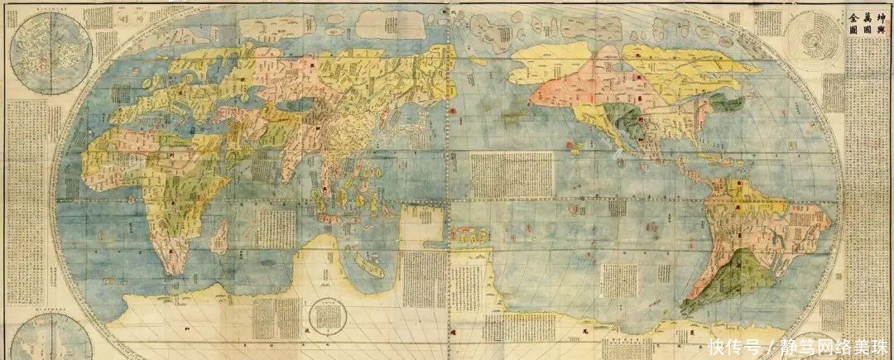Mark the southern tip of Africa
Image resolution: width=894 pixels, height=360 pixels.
pyautogui.click(x=171, y=269)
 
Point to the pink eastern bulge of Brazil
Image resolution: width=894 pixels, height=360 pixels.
pyautogui.click(x=815, y=219)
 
